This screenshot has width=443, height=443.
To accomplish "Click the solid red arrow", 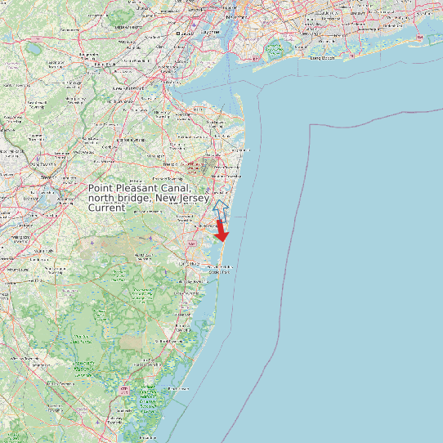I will click(221, 232).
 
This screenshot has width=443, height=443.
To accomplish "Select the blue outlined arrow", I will click(218, 208).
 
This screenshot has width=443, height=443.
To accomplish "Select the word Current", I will click(106, 208).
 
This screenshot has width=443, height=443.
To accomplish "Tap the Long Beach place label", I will click(322, 58).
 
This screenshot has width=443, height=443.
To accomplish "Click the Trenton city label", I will click(48, 177).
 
